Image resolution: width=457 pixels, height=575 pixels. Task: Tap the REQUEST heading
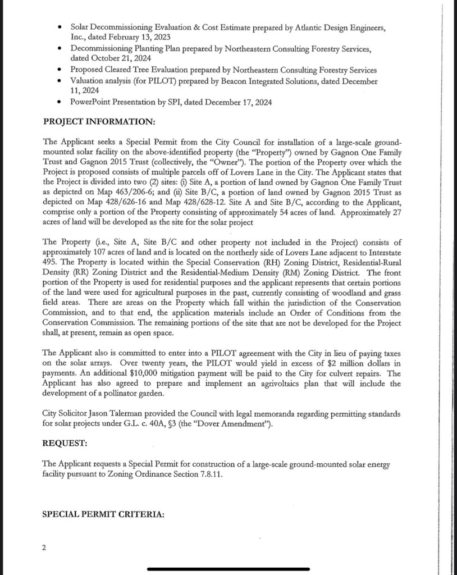tap(65, 443)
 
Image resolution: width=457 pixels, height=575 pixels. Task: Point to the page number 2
tap(44, 547)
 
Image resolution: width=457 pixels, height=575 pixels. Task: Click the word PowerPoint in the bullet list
tap(92, 102)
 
